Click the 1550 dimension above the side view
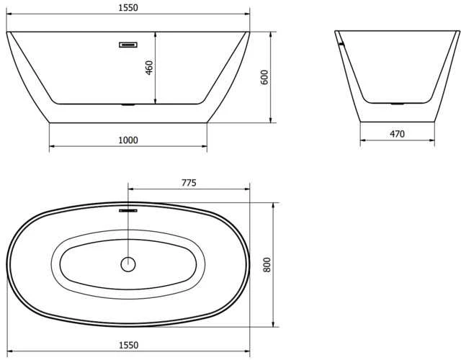pyautogui.click(x=128, y=8)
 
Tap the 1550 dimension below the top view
pyautogui.click(x=128, y=345)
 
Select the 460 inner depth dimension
pyautogui.click(x=149, y=68)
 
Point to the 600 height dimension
pyautogui.click(x=264, y=77)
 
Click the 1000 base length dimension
pyautogui.click(x=128, y=140)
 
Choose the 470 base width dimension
pyautogui.click(x=397, y=134)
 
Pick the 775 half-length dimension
pyautogui.click(x=189, y=183)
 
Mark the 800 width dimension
pyautogui.click(x=267, y=264)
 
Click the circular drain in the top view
pyautogui.click(x=128, y=264)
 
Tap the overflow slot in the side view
pyautogui.click(x=128, y=45)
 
